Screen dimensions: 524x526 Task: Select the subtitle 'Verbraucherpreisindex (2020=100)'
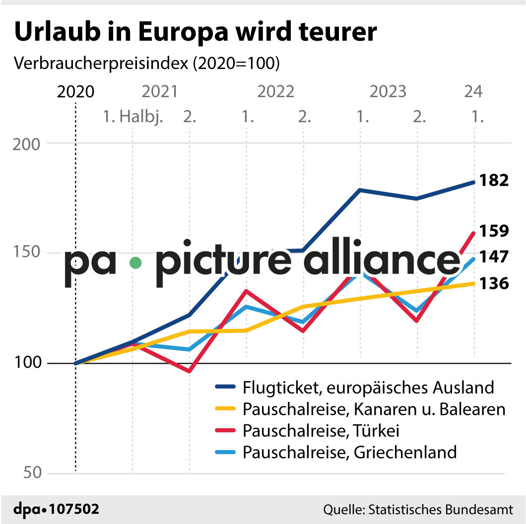[147, 64]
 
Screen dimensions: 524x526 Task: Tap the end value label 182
[494, 181]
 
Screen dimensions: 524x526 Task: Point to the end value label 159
[494, 231]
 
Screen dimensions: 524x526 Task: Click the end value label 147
[494, 257]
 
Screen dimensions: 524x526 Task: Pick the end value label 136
[494, 284]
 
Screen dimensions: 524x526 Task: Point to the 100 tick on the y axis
[33, 363]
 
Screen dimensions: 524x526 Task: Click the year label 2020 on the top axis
[75, 92]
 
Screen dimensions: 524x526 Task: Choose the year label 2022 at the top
[276, 92]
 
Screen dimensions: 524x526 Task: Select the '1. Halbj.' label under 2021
[133, 118]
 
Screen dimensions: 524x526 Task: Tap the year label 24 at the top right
[473, 92]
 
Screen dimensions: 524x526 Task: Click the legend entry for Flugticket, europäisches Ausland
[368, 387]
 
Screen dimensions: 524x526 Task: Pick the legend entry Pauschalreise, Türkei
[321, 431]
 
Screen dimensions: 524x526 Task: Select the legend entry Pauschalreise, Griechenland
[349, 453]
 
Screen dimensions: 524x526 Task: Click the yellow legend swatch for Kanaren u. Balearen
[226, 409]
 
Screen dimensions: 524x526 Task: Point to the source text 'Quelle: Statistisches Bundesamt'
[418, 510]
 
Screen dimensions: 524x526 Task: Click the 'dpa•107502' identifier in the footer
[56, 510]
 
